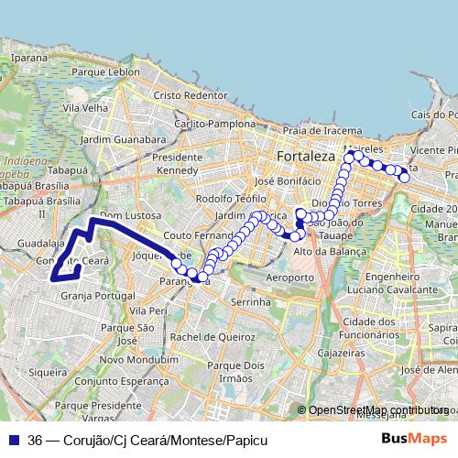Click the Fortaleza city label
305,157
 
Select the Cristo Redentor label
190,95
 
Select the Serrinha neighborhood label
251,300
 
